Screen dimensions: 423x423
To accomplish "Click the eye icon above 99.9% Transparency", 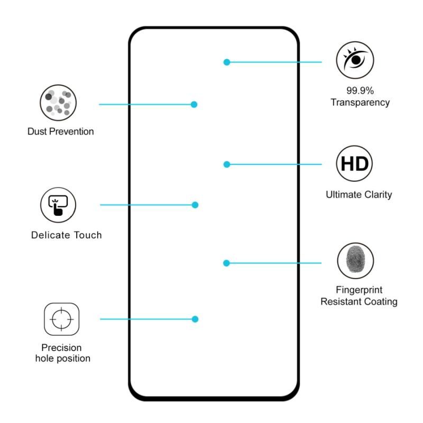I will click(x=355, y=59).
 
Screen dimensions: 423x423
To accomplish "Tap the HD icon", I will click(x=355, y=163).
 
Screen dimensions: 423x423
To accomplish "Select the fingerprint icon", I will click(x=355, y=261).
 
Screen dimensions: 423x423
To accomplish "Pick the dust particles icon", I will click(x=58, y=102).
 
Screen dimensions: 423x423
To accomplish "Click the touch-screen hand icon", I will click(x=58, y=205).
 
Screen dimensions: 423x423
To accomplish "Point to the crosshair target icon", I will click(x=61, y=319).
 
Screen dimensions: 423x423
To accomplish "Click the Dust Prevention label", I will click(x=61, y=132).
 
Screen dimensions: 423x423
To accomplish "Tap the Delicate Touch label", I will click(x=66, y=235).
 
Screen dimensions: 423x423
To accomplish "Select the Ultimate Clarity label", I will click(x=359, y=195).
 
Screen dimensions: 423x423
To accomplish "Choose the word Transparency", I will click(x=360, y=103).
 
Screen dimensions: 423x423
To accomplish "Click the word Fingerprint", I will click(x=359, y=290).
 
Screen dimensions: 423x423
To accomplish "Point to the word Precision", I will click(x=62, y=348).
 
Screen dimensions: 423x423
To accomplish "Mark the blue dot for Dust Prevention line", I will click(x=194, y=104).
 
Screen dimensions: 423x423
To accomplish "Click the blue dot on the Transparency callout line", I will click(x=227, y=62).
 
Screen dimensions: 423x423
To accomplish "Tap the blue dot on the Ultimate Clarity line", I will click(x=227, y=164).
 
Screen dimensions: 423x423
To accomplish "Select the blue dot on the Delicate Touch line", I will click(x=195, y=205).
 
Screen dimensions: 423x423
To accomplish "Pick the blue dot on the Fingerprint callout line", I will click(x=226, y=263).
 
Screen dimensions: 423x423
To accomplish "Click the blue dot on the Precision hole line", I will click(x=195, y=319).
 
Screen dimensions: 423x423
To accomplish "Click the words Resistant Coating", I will click(x=359, y=302).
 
